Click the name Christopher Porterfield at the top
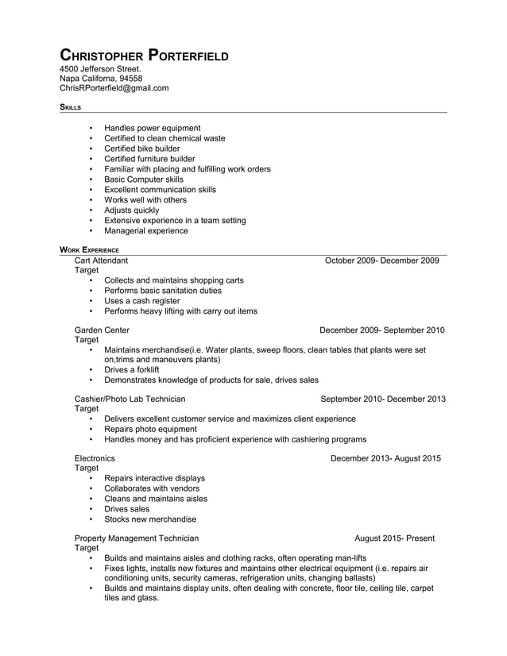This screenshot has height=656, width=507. tap(145, 56)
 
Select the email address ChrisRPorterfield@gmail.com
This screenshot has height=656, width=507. tap(114, 88)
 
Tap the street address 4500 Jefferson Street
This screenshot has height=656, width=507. tap(100, 69)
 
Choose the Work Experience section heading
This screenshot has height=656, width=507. tap(89, 249)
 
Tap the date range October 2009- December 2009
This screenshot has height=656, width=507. tap(381, 260)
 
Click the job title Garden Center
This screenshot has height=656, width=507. tap(102, 330)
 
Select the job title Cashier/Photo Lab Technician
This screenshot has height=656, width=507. tap(130, 399)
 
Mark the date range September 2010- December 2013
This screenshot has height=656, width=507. tap(382, 399)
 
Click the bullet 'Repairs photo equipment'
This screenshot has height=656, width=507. tap(150, 429)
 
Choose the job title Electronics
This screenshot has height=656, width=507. tap(95, 458)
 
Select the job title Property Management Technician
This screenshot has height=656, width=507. tap(137, 538)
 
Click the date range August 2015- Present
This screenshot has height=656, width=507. tap(394, 538)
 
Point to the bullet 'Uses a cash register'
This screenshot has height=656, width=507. tap(142, 301)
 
